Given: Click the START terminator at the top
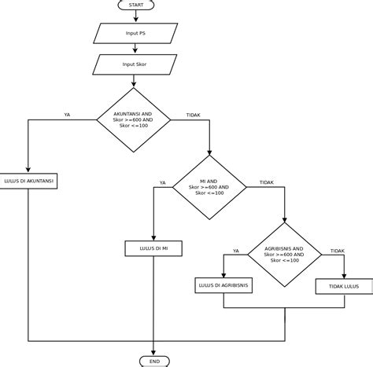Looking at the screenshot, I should click(135, 5).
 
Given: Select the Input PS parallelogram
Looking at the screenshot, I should click(135, 33).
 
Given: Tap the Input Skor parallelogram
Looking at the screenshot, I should click(135, 64).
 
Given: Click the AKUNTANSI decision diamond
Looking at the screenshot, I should click(133, 119).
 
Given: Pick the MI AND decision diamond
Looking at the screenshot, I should click(209, 188).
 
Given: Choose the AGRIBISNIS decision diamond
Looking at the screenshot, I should click(283, 255).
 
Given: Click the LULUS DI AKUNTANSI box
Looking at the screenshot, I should click(28, 181).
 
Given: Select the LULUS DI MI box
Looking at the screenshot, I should click(153, 248).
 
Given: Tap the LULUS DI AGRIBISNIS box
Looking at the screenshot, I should click(223, 285).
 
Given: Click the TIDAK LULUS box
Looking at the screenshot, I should click(343, 286).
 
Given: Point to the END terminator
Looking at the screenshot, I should click(153, 361).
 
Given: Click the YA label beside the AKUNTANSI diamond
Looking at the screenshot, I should click(67, 115).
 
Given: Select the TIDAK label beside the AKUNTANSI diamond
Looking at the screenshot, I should click(193, 115).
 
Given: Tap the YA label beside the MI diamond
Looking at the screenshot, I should click(163, 182).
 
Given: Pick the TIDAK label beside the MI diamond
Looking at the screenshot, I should click(267, 182).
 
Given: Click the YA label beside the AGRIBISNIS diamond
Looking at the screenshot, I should click(236, 251).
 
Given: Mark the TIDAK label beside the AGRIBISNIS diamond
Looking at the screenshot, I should click(337, 251).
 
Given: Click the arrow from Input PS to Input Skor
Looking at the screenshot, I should click(135, 49).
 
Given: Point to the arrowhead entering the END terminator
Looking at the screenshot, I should click(153, 352).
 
